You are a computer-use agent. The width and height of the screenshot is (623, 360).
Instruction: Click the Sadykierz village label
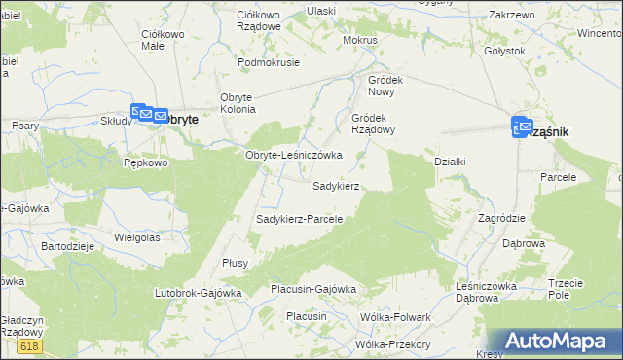[336, 185]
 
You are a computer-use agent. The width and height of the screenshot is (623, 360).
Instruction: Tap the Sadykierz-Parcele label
[299, 219]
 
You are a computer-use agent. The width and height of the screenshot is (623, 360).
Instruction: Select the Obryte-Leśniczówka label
[292, 155]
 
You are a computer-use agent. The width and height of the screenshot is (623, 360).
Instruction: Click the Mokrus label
[359, 41]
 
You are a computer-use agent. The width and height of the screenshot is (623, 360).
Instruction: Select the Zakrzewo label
[512, 16]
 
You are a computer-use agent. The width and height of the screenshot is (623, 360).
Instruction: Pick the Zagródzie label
[502, 218]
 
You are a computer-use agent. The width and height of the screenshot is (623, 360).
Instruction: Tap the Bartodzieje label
[66, 246]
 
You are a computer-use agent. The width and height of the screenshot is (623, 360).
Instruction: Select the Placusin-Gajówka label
[313, 289]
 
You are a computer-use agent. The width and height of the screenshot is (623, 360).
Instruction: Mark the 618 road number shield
[29, 346]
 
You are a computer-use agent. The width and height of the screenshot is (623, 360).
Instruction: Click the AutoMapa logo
[559, 341]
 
